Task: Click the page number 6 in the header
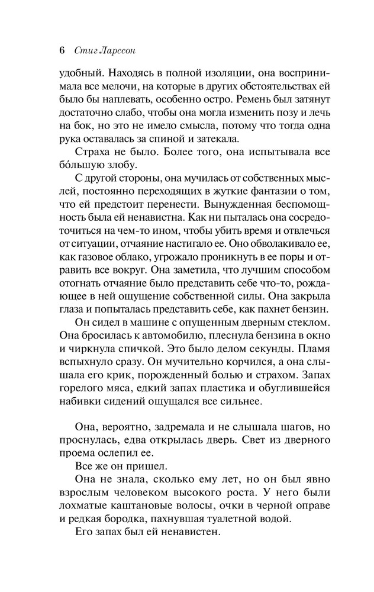(x=62, y=50)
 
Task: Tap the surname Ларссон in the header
(x=117, y=50)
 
